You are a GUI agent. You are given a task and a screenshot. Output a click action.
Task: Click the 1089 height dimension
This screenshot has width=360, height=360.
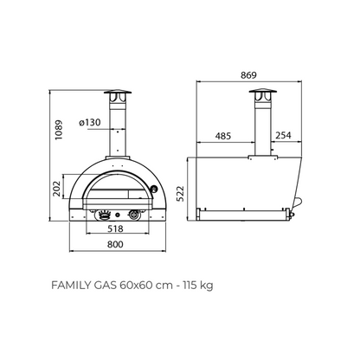59,130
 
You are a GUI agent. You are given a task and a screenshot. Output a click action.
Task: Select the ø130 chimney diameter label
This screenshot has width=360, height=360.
90,123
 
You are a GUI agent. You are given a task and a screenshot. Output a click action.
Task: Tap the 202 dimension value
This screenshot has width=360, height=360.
57,189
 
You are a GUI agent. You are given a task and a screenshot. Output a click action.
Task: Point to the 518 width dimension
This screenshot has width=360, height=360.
115,228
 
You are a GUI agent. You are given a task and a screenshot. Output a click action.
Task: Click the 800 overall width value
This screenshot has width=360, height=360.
115,244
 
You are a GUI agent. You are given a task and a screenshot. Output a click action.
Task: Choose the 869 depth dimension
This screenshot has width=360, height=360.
248,75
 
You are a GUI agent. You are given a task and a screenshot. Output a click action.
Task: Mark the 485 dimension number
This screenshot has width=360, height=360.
223,136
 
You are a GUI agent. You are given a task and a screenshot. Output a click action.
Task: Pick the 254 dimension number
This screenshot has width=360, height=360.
283,135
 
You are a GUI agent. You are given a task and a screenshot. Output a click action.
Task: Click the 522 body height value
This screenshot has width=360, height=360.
180,194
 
